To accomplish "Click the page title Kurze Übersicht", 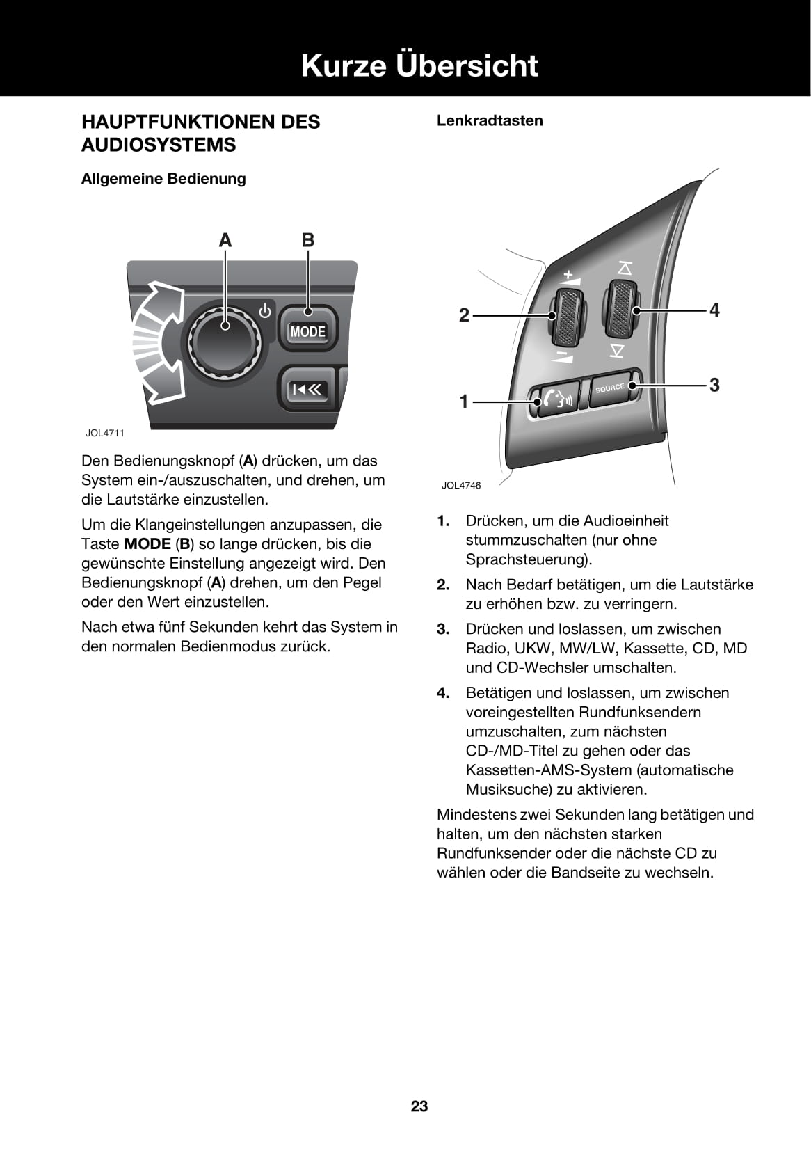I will click(x=419, y=66).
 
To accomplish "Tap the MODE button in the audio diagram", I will click(x=307, y=331).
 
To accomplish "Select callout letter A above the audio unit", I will click(x=225, y=241).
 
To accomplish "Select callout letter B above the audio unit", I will click(x=307, y=241).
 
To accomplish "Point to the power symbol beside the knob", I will click(x=265, y=311).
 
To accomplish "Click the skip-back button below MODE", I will click(x=307, y=390).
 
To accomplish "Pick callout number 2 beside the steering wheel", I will click(x=464, y=315).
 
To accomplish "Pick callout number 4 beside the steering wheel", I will click(x=714, y=310).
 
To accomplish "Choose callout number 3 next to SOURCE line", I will click(x=714, y=385).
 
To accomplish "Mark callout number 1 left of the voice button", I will click(x=464, y=402).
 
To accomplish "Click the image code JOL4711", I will click(x=105, y=433).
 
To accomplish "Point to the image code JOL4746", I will click(x=460, y=485).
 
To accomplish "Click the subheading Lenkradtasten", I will click(x=490, y=120).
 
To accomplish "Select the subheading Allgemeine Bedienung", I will click(x=163, y=179).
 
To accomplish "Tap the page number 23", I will click(x=419, y=1106).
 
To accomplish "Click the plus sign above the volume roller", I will click(x=568, y=274).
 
